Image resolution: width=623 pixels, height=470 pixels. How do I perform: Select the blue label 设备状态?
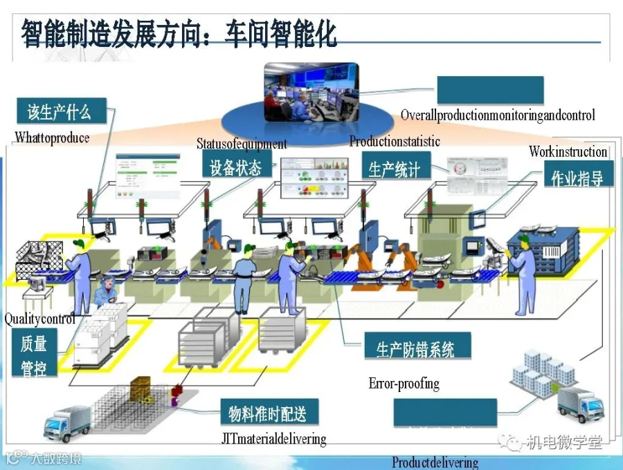[x=235, y=167]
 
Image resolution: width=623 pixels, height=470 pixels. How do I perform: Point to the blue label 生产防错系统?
[x=415, y=349]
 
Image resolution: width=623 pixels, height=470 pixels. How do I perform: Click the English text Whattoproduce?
[x=53, y=138]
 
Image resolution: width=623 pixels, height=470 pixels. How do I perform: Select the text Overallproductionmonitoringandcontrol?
[x=498, y=115]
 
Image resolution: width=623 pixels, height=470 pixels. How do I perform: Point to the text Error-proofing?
[x=404, y=384]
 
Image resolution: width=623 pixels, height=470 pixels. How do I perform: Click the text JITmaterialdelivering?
[x=273, y=439]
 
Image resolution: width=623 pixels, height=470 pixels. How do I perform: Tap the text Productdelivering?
[x=435, y=462]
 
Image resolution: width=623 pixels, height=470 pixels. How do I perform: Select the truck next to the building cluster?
[x=580, y=404]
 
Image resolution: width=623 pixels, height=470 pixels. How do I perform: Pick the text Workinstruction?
[x=568, y=151]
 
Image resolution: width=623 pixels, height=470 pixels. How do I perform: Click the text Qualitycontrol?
[x=39, y=319]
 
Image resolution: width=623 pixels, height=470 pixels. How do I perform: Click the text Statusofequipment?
[x=241, y=144]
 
